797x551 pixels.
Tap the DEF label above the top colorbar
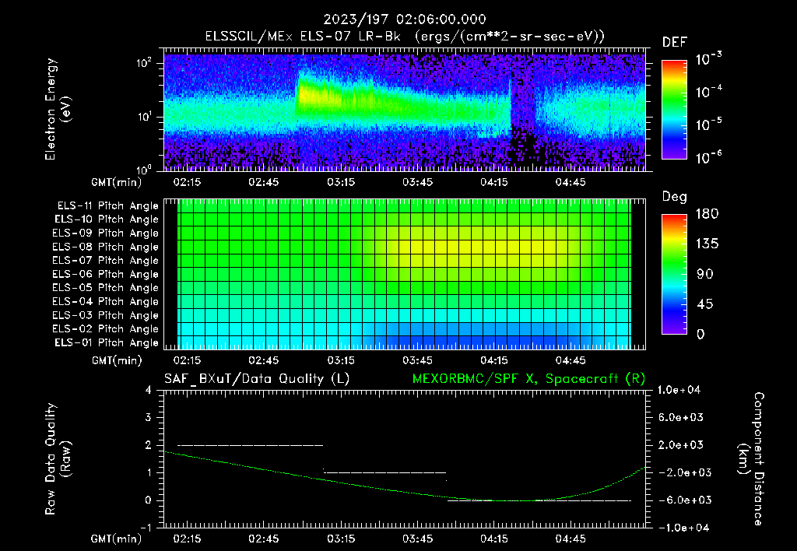pos(674,43)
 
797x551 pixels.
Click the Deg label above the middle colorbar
pos(674,197)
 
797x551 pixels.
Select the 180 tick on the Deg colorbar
pos(706,214)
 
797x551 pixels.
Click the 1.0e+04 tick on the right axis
pos(682,390)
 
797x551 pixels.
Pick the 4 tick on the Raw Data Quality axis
pos(148,390)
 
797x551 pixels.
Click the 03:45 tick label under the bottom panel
pos(417,538)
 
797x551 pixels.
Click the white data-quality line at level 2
pos(249,445)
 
